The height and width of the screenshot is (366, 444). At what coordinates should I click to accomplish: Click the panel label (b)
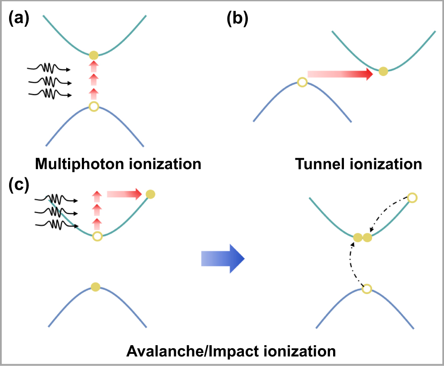tap(238, 20)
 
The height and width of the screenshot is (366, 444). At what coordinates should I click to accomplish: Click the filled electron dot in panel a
tap(94, 56)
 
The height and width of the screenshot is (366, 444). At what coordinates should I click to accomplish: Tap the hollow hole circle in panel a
tap(94, 106)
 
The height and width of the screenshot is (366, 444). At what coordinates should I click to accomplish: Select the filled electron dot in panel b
tap(383, 72)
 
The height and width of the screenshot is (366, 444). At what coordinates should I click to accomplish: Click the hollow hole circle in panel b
tap(302, 82)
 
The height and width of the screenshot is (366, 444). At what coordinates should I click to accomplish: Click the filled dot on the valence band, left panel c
tap(96, 286)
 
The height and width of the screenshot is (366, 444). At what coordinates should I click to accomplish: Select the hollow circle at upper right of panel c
tap(412, 198)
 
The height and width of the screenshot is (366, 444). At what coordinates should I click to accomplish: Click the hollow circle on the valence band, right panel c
tap(366, 289)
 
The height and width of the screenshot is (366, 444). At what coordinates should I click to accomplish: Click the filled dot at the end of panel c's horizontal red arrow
tap(150, 194)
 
